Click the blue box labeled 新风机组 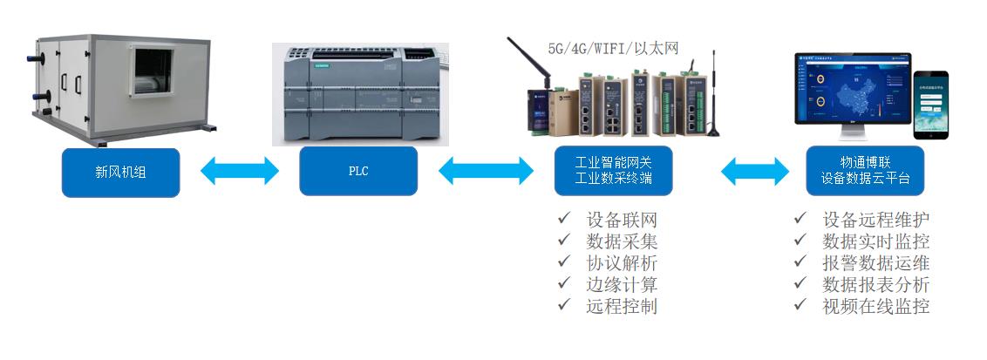(120, 172)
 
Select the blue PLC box (357, 172)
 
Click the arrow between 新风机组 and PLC (239, 171)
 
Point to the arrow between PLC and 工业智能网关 (485, 171)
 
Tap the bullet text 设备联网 (622, 219)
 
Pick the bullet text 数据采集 (622, 241)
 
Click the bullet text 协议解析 (622, 262)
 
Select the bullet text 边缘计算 (622, 284)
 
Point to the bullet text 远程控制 (622, 306)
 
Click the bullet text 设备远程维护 (875, 219)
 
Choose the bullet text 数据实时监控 (875, 241)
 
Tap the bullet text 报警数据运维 (875, 262)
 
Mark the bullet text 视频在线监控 (875, 306)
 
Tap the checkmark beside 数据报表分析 (801, 284)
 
